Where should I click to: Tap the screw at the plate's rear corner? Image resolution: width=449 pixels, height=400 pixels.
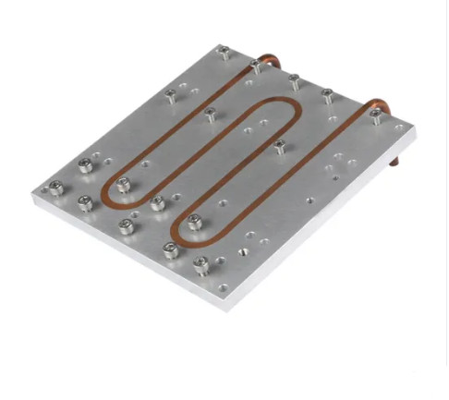coord(224,53)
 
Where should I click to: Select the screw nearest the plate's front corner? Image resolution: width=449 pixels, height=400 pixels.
coord(200,264)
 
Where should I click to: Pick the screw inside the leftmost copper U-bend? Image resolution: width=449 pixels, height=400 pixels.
coord(123,184)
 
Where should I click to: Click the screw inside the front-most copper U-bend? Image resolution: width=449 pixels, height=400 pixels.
coord(194,221)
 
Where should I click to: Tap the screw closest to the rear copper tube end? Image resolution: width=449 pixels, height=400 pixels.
coord(255,65)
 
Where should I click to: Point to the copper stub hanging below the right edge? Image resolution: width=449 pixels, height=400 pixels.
coord(395,164)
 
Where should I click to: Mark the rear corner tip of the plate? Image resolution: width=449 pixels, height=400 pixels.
coord(220,43)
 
